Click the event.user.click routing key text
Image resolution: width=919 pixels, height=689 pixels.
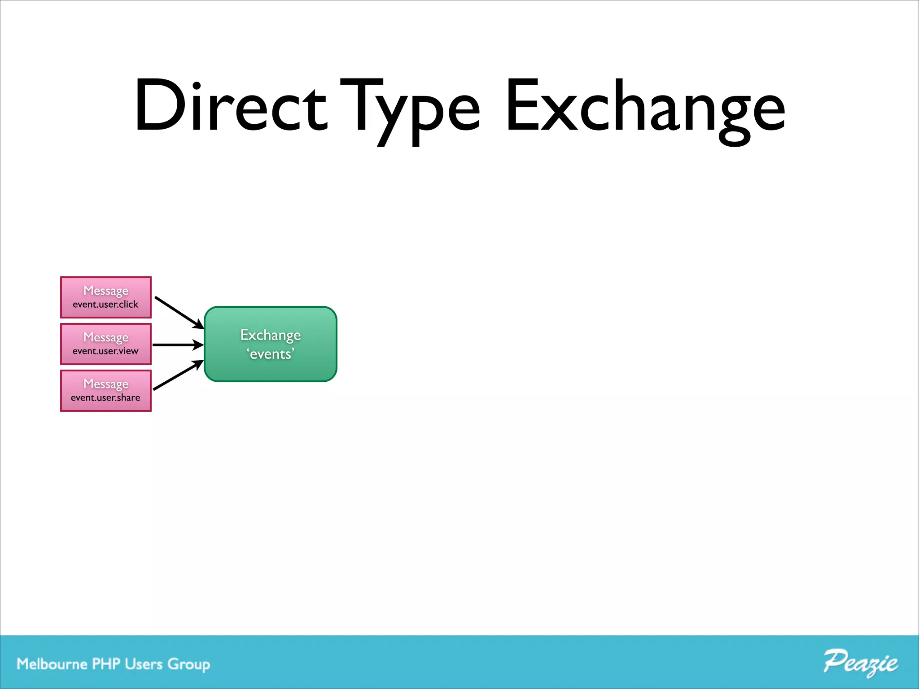tap(105, 305)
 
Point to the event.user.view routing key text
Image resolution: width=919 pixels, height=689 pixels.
tap(105, 351)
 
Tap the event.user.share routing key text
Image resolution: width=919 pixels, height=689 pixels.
tap(105, 398)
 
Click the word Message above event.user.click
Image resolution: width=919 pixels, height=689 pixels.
tap(106, 291)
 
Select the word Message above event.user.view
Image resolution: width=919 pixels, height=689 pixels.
tap(106, 337)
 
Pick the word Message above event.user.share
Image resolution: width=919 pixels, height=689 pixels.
tap(106, 384)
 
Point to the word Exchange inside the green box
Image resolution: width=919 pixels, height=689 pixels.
tap(271, 335)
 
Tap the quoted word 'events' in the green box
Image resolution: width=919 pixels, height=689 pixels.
tap(271, 354)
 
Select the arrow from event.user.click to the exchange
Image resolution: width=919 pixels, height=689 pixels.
tap(179, 312)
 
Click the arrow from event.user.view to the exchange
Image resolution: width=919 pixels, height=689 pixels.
tap(178, 345)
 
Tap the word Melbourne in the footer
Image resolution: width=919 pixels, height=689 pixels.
tap(52, 664)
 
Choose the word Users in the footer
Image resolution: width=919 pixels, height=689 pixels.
tap(144, 664)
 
